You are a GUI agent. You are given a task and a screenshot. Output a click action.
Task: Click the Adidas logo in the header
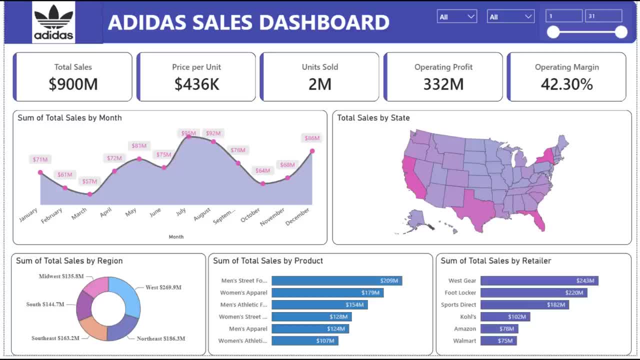point(53,22)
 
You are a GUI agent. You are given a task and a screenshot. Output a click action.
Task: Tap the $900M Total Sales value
point(73,84)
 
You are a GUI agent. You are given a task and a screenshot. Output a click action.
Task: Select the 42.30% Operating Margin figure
point(566,84)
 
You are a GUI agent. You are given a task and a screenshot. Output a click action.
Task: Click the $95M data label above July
point(188,133)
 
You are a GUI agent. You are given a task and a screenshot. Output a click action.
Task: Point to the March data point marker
point(90,194)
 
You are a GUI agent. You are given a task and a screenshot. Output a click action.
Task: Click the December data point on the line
point(312,151)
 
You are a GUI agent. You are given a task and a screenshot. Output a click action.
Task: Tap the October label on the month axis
point(250,215)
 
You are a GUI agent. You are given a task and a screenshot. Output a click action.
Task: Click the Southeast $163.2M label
point(55,338)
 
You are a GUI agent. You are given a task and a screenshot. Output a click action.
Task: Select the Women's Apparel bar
point(327,292)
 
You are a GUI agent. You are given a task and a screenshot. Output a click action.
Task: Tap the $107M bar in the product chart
point(305,340)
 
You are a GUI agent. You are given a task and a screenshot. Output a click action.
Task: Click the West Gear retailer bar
point(539,280)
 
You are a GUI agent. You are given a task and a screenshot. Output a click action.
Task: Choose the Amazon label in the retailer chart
point(465,329)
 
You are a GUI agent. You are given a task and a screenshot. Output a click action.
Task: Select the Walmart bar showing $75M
point(498,340)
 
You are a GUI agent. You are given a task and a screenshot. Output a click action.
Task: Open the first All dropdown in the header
point(457,16)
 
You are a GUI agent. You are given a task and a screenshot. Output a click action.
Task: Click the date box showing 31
point(603,15)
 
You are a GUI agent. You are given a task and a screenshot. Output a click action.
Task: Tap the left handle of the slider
point(553,32)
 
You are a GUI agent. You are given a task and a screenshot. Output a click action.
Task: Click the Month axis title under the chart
point(176,237)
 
